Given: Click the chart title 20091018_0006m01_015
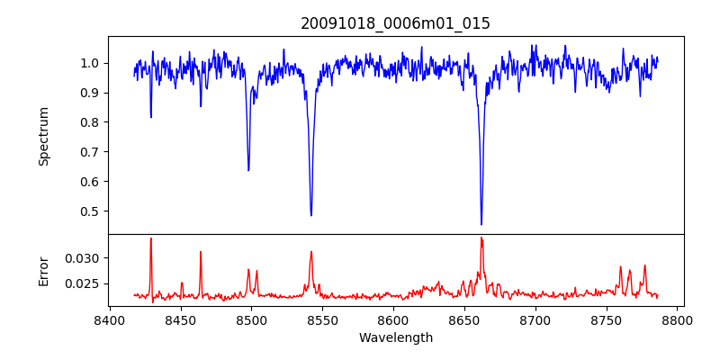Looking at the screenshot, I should [395, 23].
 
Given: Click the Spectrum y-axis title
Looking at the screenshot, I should [43, 136].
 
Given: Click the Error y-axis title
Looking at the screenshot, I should [43, 270].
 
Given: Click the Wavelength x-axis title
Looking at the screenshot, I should [395, 338].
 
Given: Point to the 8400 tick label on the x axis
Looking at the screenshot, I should [109, 320].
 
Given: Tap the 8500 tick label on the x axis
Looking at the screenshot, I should [251, 320].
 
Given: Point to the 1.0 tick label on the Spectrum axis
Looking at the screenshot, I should [90, 63].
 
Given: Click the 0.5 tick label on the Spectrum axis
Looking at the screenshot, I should [90, 211].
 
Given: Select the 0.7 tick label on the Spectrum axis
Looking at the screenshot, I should [90, 152].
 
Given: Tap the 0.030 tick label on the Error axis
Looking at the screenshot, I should [84, 258].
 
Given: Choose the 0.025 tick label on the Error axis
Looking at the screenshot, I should [84, 283].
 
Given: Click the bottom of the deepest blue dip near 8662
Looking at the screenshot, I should [481, 224].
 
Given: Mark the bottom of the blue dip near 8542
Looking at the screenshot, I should [311, 215].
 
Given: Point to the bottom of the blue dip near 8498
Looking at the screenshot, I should [248, 170].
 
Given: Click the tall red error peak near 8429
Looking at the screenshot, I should [151, 238].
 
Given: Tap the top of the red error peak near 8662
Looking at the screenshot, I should [481, 238].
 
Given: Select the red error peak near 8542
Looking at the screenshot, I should [311, 252].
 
